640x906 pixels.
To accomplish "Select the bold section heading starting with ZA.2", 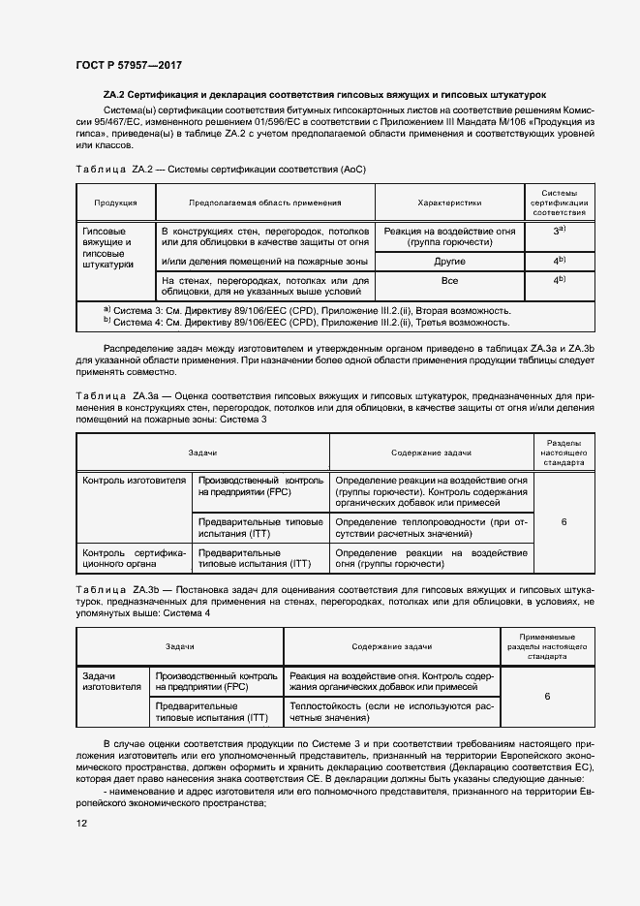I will (324, 96).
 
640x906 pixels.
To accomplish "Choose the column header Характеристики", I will (449, 203).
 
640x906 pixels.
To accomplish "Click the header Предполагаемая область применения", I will (264, 203).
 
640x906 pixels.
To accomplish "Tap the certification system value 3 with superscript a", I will (559, 233).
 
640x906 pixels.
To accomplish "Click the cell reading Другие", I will (449, 262).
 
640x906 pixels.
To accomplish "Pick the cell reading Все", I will (449, 280).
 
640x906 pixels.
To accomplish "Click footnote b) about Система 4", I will (306, 323).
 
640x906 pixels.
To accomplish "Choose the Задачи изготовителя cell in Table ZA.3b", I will (111, 681).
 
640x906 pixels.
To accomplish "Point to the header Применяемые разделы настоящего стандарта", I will (547, 646).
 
